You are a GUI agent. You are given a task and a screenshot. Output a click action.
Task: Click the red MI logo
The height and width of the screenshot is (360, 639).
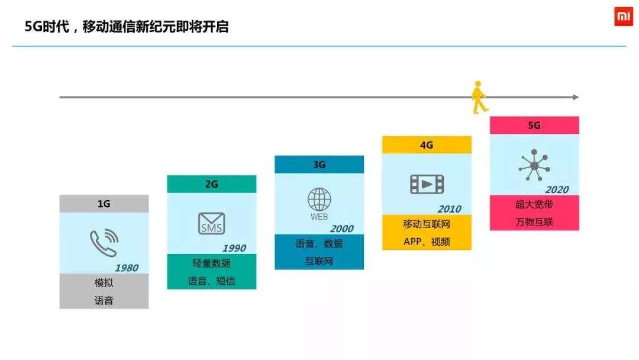[x=623, y=17]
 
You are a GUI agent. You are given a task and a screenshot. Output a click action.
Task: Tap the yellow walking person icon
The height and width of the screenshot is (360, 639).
[x=479, y=98]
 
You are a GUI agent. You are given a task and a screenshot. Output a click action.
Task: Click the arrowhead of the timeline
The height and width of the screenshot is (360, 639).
[x=576, y=97]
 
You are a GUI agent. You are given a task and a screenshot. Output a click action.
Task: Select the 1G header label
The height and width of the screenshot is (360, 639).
[x=104, y=204]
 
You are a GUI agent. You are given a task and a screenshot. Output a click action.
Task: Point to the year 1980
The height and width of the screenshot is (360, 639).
[x=126, y=268]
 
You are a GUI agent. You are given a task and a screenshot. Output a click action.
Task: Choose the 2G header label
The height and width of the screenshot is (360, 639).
[x=212, y=184]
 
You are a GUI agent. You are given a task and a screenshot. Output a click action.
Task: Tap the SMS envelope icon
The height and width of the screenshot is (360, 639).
[x=211, y=223]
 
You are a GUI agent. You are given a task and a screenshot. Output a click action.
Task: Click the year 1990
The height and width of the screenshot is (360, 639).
[x=234, y=248]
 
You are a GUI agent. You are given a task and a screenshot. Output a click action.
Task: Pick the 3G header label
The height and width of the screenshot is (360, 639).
[x=319, y=165]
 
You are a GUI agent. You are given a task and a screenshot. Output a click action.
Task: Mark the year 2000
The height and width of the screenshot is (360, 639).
[x=341, y=229]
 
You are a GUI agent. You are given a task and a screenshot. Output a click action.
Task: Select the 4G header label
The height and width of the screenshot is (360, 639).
[x=427, y=145]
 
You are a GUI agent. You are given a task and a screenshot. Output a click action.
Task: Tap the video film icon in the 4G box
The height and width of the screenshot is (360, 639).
[x=427, y=184]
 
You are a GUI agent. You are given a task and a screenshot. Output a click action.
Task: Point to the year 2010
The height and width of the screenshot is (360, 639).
[x=449, y=209]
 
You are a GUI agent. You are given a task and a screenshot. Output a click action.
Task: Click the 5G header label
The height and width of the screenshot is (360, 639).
[x=534, y=126]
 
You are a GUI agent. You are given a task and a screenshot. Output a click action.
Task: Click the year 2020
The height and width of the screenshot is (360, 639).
[x=557, y=189]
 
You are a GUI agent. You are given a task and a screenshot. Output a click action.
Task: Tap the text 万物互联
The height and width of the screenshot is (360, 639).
[x=534, y=222]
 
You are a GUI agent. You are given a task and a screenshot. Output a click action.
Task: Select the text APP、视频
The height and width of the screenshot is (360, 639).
[x=427, y=242]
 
